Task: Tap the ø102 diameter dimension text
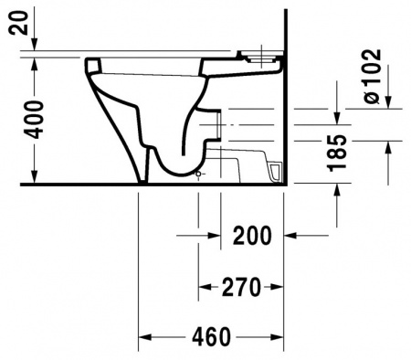[x=374, y=75]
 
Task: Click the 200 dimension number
[x=252, y=236]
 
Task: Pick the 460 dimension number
[x=211, y=338]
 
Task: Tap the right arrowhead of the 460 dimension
[x=279, y=339]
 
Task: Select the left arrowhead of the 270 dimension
[x=205, y=288]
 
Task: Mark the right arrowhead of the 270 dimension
[x=279, y=288]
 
